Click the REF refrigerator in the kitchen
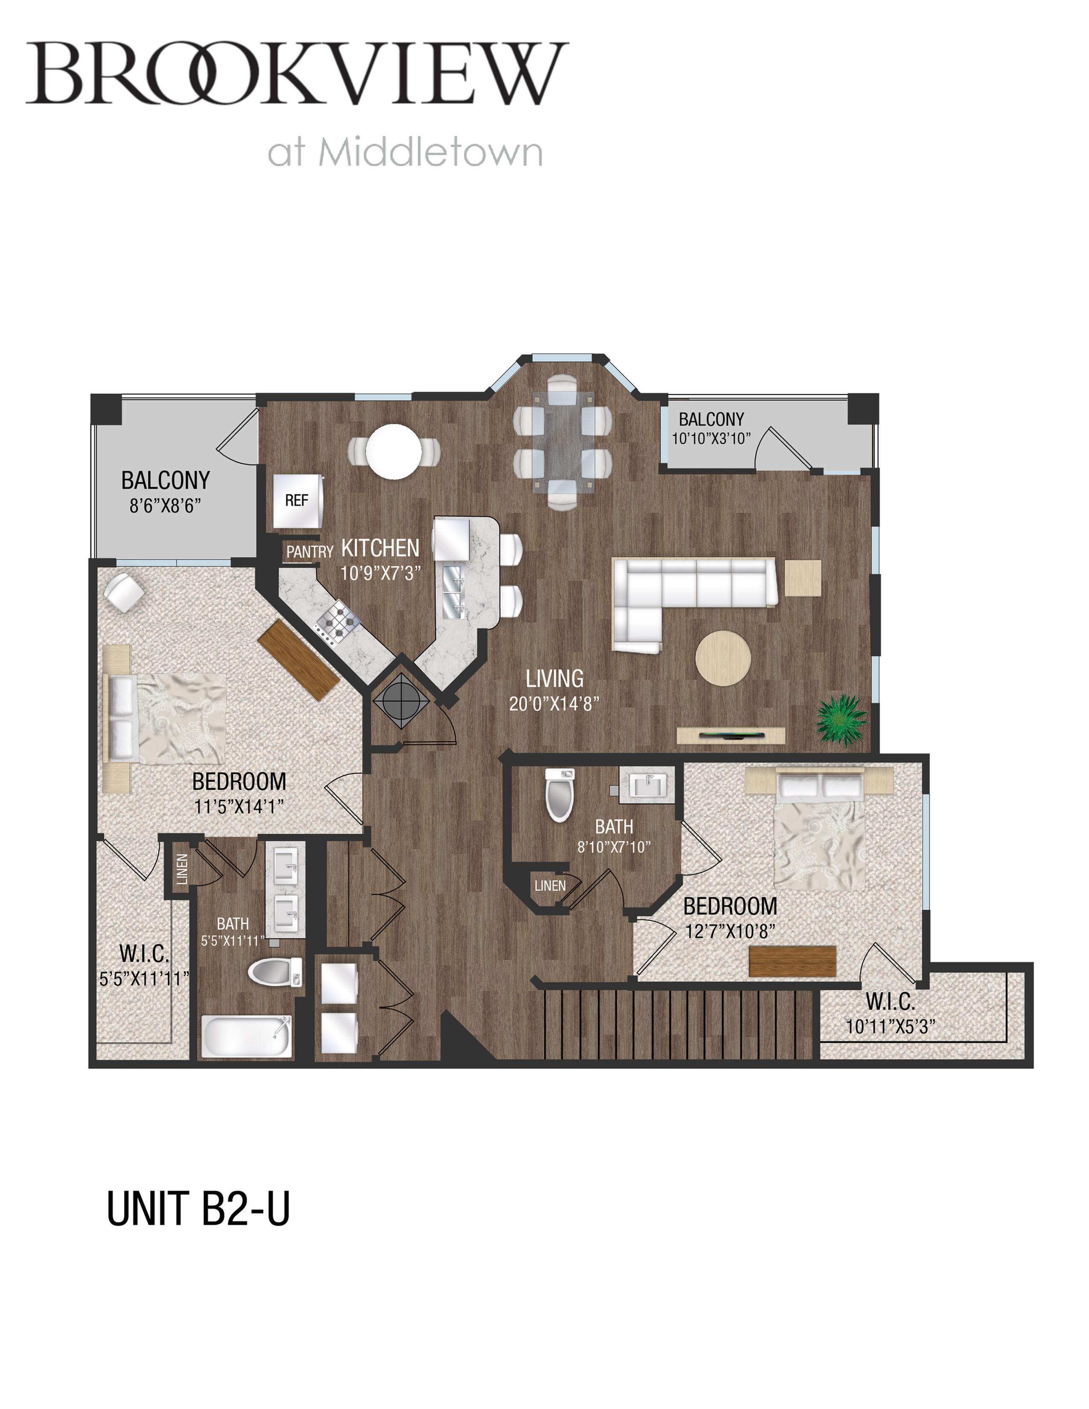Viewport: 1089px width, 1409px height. click(297, 501)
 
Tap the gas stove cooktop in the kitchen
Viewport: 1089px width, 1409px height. click(337, 621)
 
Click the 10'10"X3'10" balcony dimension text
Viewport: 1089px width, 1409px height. click(711, 438)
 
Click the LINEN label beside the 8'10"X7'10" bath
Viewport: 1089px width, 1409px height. click(550, 886)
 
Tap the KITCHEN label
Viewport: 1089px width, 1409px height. click(380, 548)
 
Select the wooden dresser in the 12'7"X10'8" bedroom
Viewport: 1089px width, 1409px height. click(793, 961)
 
